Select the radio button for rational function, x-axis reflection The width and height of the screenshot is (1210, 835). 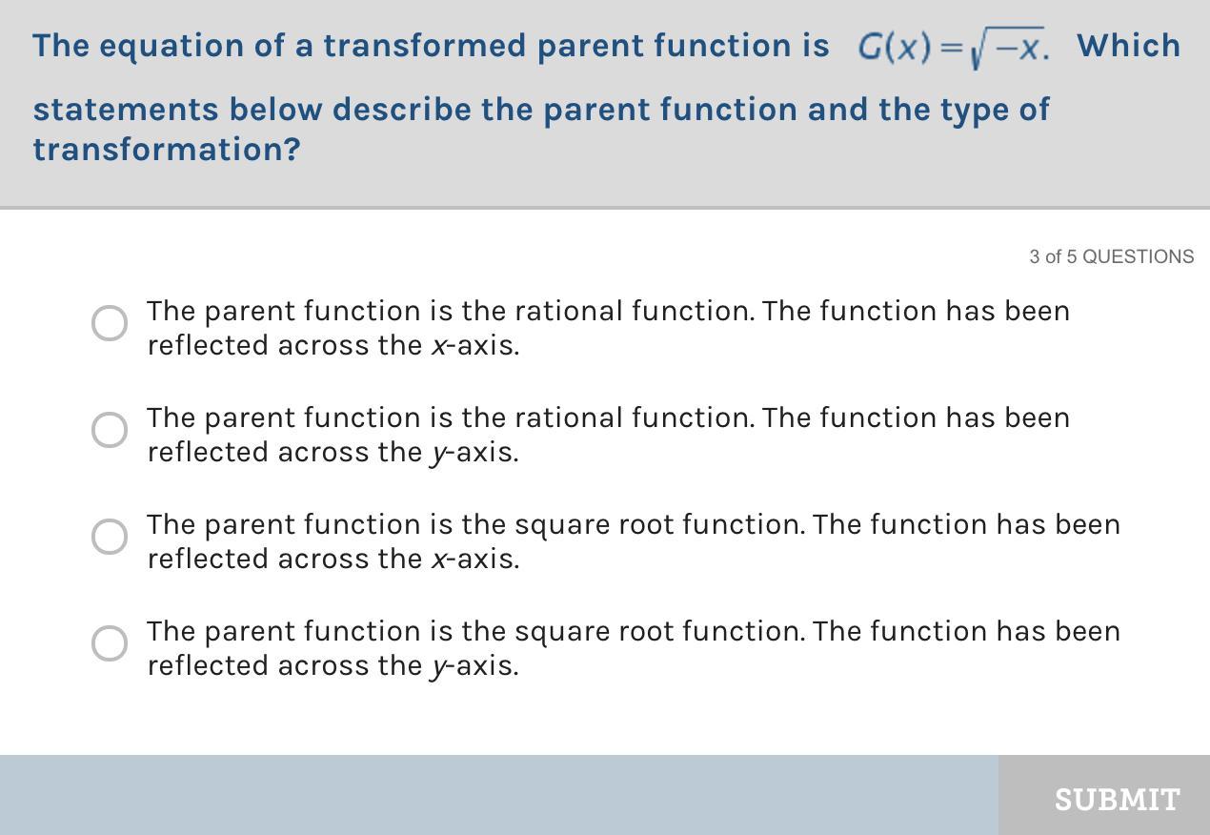110,323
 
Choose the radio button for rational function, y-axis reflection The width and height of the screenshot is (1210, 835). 110,430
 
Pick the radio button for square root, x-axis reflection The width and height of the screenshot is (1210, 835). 110,537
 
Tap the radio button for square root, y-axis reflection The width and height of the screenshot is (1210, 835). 110,643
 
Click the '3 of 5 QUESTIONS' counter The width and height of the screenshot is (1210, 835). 1112,256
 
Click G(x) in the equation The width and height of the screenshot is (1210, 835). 894,47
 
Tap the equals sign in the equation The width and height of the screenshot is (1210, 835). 951,48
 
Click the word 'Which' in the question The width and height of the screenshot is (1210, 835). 1128,46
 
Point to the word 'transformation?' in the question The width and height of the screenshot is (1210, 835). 167,149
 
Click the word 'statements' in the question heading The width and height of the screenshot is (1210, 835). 126,110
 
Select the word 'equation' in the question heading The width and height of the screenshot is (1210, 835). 171,47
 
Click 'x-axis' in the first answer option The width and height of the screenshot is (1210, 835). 474,345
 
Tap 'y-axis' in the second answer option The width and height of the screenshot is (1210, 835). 474,454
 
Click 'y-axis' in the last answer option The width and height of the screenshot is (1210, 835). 474,667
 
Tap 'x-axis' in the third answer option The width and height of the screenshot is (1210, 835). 474,559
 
